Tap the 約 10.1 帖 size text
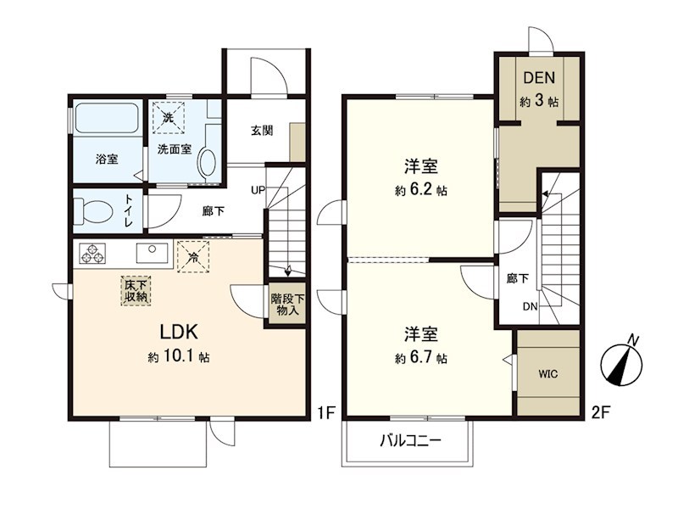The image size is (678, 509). tap(179, 358)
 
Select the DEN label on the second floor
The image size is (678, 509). tap(538, 78)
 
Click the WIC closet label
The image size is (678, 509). tap(547, 373)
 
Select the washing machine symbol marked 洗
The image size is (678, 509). tap(168, 118)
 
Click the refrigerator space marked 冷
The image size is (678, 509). tap(194, 256)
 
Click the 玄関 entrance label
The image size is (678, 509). tap(261, 131)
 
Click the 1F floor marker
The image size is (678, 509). tap(326, 413)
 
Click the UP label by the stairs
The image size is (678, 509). tap(257, 190)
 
